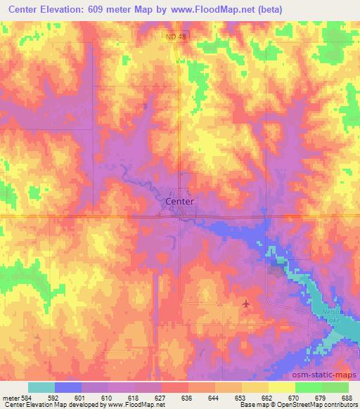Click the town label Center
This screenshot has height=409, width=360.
179,202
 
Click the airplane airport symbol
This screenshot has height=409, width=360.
245,304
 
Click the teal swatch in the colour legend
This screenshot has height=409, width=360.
41,387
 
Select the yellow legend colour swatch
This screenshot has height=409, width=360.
281,387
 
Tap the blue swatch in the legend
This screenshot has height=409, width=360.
68,387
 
